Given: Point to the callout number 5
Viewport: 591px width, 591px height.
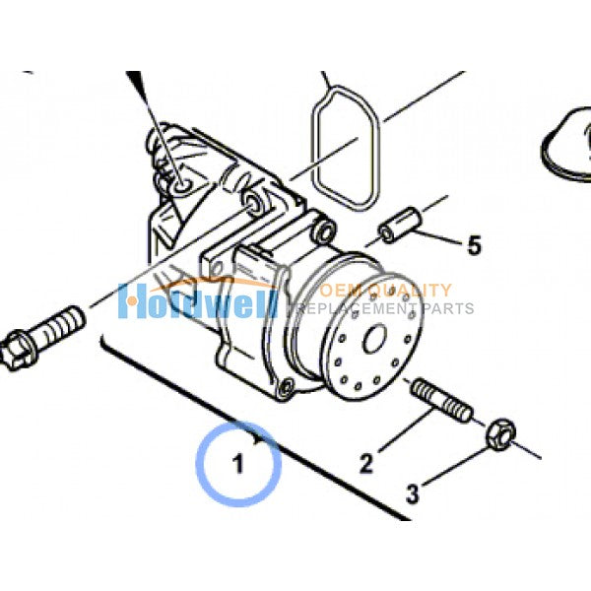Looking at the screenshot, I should pyautogui.click(x=474, y=244).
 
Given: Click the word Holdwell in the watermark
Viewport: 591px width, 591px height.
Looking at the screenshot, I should pyautogui.click(x=197, y=299).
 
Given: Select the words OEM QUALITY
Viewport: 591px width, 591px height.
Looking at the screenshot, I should pyautogui.click(x=385, y=291).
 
